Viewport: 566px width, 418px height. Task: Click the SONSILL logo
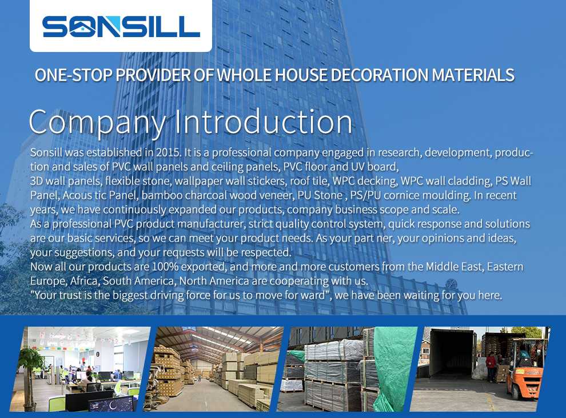point(121,27)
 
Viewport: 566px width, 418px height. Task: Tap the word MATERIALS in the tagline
point(473,75)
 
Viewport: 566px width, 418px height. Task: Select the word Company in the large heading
point(97,123)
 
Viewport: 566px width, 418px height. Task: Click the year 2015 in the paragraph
point(168,152)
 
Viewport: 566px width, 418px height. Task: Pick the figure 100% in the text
point(165,267)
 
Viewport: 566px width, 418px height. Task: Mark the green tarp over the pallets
point(393,368)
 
